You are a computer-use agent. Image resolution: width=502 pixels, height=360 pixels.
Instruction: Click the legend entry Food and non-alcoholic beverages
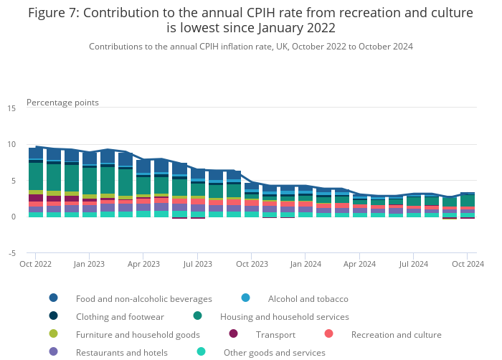coord(143,298)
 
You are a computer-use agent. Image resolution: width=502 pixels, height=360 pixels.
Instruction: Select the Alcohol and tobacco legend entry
coord(308,298)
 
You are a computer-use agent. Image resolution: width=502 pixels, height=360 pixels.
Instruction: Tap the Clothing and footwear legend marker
coord(54,316)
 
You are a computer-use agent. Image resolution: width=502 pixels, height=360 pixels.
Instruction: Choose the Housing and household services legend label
coord(284,316)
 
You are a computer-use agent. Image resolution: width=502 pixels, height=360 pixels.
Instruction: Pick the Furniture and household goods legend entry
coord(138,334)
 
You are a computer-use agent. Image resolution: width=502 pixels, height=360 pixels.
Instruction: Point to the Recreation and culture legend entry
coord(396,334)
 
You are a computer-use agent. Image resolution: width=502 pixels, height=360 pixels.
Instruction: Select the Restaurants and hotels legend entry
coord(121,352)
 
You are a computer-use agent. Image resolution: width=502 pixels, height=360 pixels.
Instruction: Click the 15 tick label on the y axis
coord(11,108)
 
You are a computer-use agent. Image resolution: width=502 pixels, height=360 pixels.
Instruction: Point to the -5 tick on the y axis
coord(12,253)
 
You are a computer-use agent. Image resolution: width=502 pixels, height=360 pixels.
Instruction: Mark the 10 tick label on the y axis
coord(11,145)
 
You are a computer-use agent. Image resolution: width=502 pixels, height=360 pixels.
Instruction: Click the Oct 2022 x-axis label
coord(35,264)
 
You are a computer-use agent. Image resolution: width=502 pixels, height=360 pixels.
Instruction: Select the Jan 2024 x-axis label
coord(306,264)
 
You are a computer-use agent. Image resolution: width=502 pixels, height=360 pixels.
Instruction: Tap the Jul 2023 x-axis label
coord(197,264)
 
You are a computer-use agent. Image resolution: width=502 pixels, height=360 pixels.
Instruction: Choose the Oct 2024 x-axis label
coord(467,264)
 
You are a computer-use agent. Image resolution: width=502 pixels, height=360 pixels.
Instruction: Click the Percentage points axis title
coord(62,103)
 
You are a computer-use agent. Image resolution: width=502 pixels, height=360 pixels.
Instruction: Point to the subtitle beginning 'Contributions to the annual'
coord(250,47)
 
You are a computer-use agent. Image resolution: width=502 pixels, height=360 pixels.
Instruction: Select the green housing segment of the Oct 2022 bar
coord(35,176)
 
